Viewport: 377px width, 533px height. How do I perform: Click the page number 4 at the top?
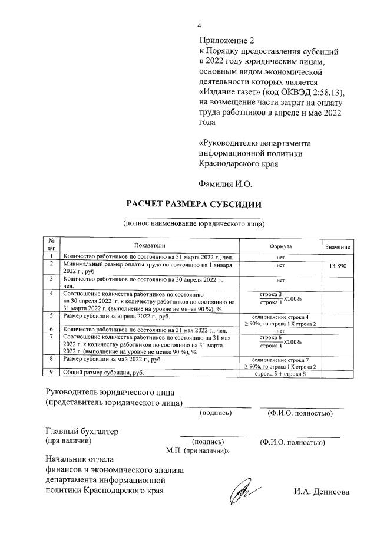199,26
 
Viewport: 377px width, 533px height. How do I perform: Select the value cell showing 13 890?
337,267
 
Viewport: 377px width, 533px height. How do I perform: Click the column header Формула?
280,245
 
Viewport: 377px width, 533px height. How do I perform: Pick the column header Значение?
337,246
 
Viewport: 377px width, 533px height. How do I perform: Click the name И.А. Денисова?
322,492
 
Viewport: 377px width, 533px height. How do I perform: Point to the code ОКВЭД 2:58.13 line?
272,93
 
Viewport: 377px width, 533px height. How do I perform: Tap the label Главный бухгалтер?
82,431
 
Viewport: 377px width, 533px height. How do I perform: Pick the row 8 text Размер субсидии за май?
111,358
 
